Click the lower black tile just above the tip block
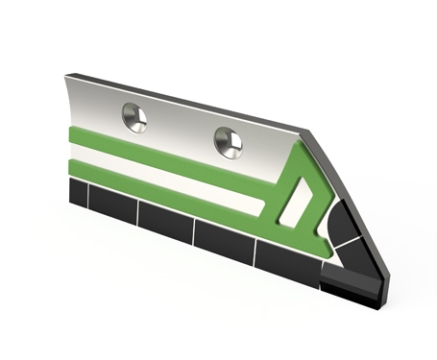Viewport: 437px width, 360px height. (355, 252)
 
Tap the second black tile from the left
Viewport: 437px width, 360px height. (111, 206)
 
